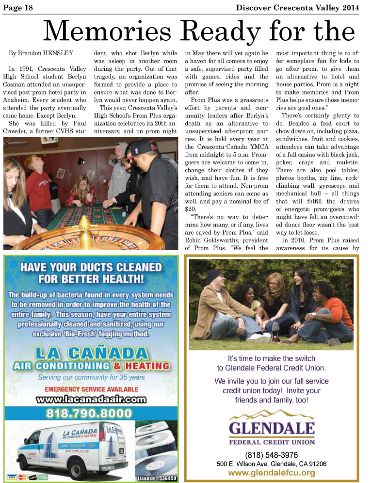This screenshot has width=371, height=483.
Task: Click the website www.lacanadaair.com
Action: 91,399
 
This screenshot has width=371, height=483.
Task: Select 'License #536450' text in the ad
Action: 157,478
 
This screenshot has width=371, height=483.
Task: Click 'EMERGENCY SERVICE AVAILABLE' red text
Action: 91,388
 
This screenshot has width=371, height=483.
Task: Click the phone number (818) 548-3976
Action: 272,455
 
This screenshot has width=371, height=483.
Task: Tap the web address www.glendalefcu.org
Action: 272,473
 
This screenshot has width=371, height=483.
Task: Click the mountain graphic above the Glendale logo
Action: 271,414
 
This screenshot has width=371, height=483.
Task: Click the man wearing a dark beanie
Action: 218,301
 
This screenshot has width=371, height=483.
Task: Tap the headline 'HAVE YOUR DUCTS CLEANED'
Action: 91,267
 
